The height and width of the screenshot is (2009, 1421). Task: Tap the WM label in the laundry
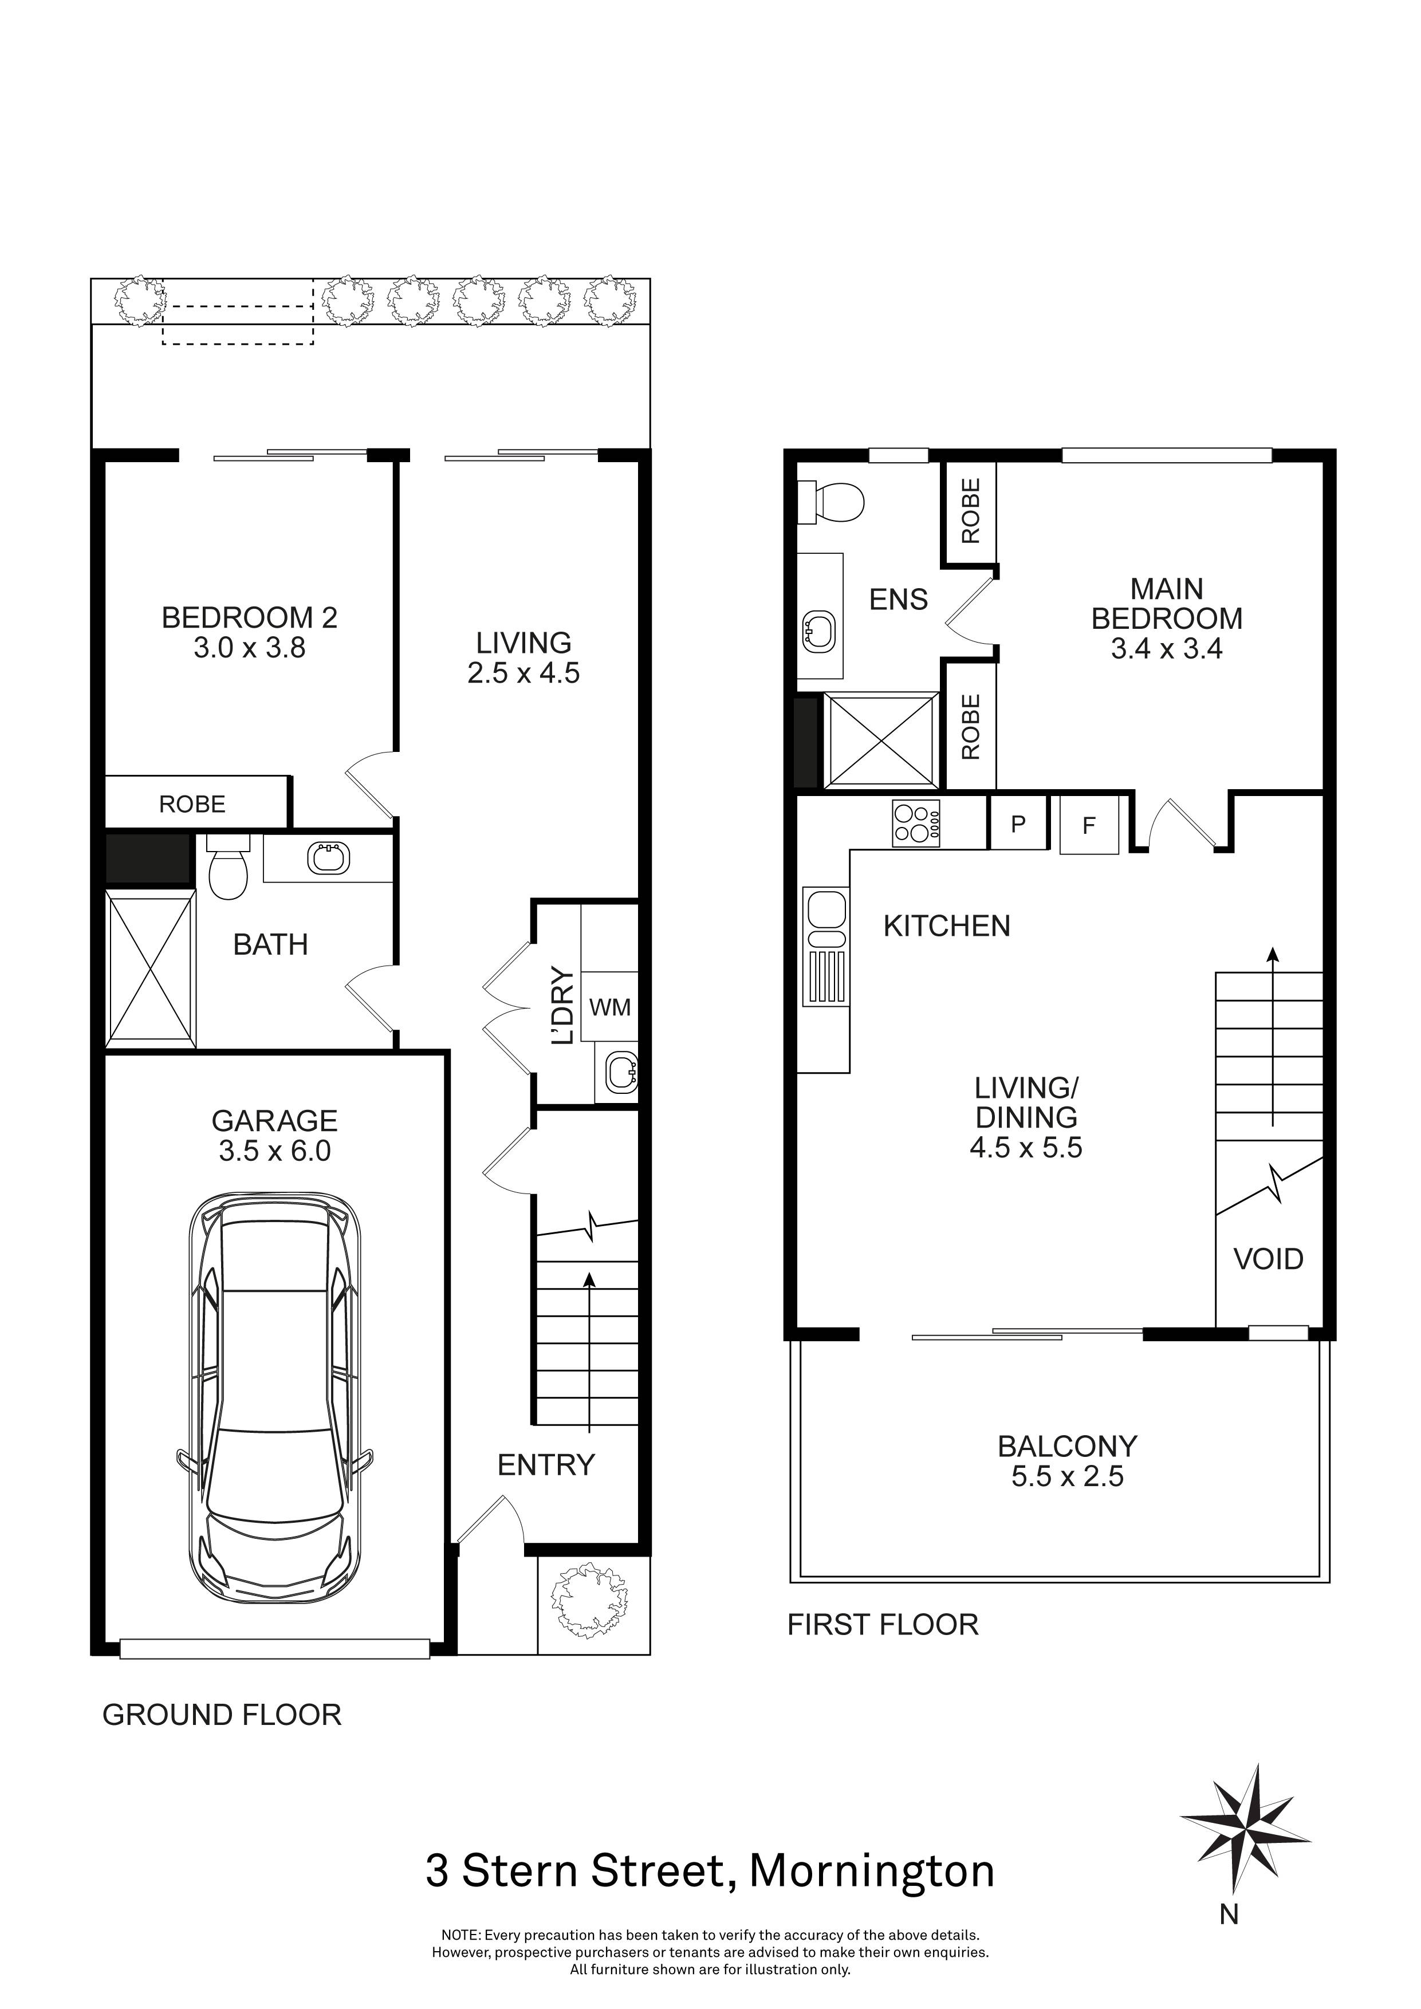point(610,1007)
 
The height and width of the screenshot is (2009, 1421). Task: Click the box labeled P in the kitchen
point(1018,824)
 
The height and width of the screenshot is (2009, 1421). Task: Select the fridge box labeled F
point(1088,825)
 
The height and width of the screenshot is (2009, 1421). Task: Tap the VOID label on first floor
point(1268,1259)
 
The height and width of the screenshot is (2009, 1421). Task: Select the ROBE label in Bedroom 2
point(192,804)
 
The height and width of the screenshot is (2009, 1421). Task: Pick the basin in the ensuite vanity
point(820,629)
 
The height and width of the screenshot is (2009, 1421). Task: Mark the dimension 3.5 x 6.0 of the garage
point(275,1151)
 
